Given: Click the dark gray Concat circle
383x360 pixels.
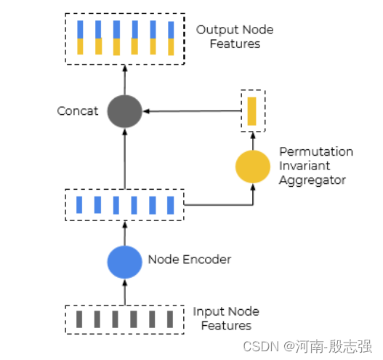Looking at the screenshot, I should [124, 111].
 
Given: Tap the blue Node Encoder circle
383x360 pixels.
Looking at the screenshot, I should [124, 262].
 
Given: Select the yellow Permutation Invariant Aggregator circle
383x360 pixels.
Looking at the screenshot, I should [252, 167].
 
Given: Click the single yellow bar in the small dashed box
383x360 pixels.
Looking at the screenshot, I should [252, 111].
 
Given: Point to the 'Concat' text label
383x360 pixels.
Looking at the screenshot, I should [78, 111].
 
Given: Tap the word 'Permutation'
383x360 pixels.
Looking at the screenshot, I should [316, 152].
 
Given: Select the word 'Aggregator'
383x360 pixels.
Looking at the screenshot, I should [313, 180].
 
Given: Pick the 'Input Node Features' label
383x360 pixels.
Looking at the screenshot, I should [226, 319].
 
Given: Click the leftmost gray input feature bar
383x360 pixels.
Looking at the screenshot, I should [79, 319].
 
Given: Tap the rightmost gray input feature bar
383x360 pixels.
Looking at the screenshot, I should [170, 319].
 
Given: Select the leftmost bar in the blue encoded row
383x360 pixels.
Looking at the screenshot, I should [79, 205].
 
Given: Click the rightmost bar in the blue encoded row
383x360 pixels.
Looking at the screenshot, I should [171, 205].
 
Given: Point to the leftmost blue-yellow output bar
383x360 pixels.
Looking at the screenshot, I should [80, 38].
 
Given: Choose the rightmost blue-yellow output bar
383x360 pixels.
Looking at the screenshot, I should [171, 39].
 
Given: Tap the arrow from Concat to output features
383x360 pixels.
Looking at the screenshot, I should [124, 81].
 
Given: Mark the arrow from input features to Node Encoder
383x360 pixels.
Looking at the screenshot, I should [124, 293].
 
